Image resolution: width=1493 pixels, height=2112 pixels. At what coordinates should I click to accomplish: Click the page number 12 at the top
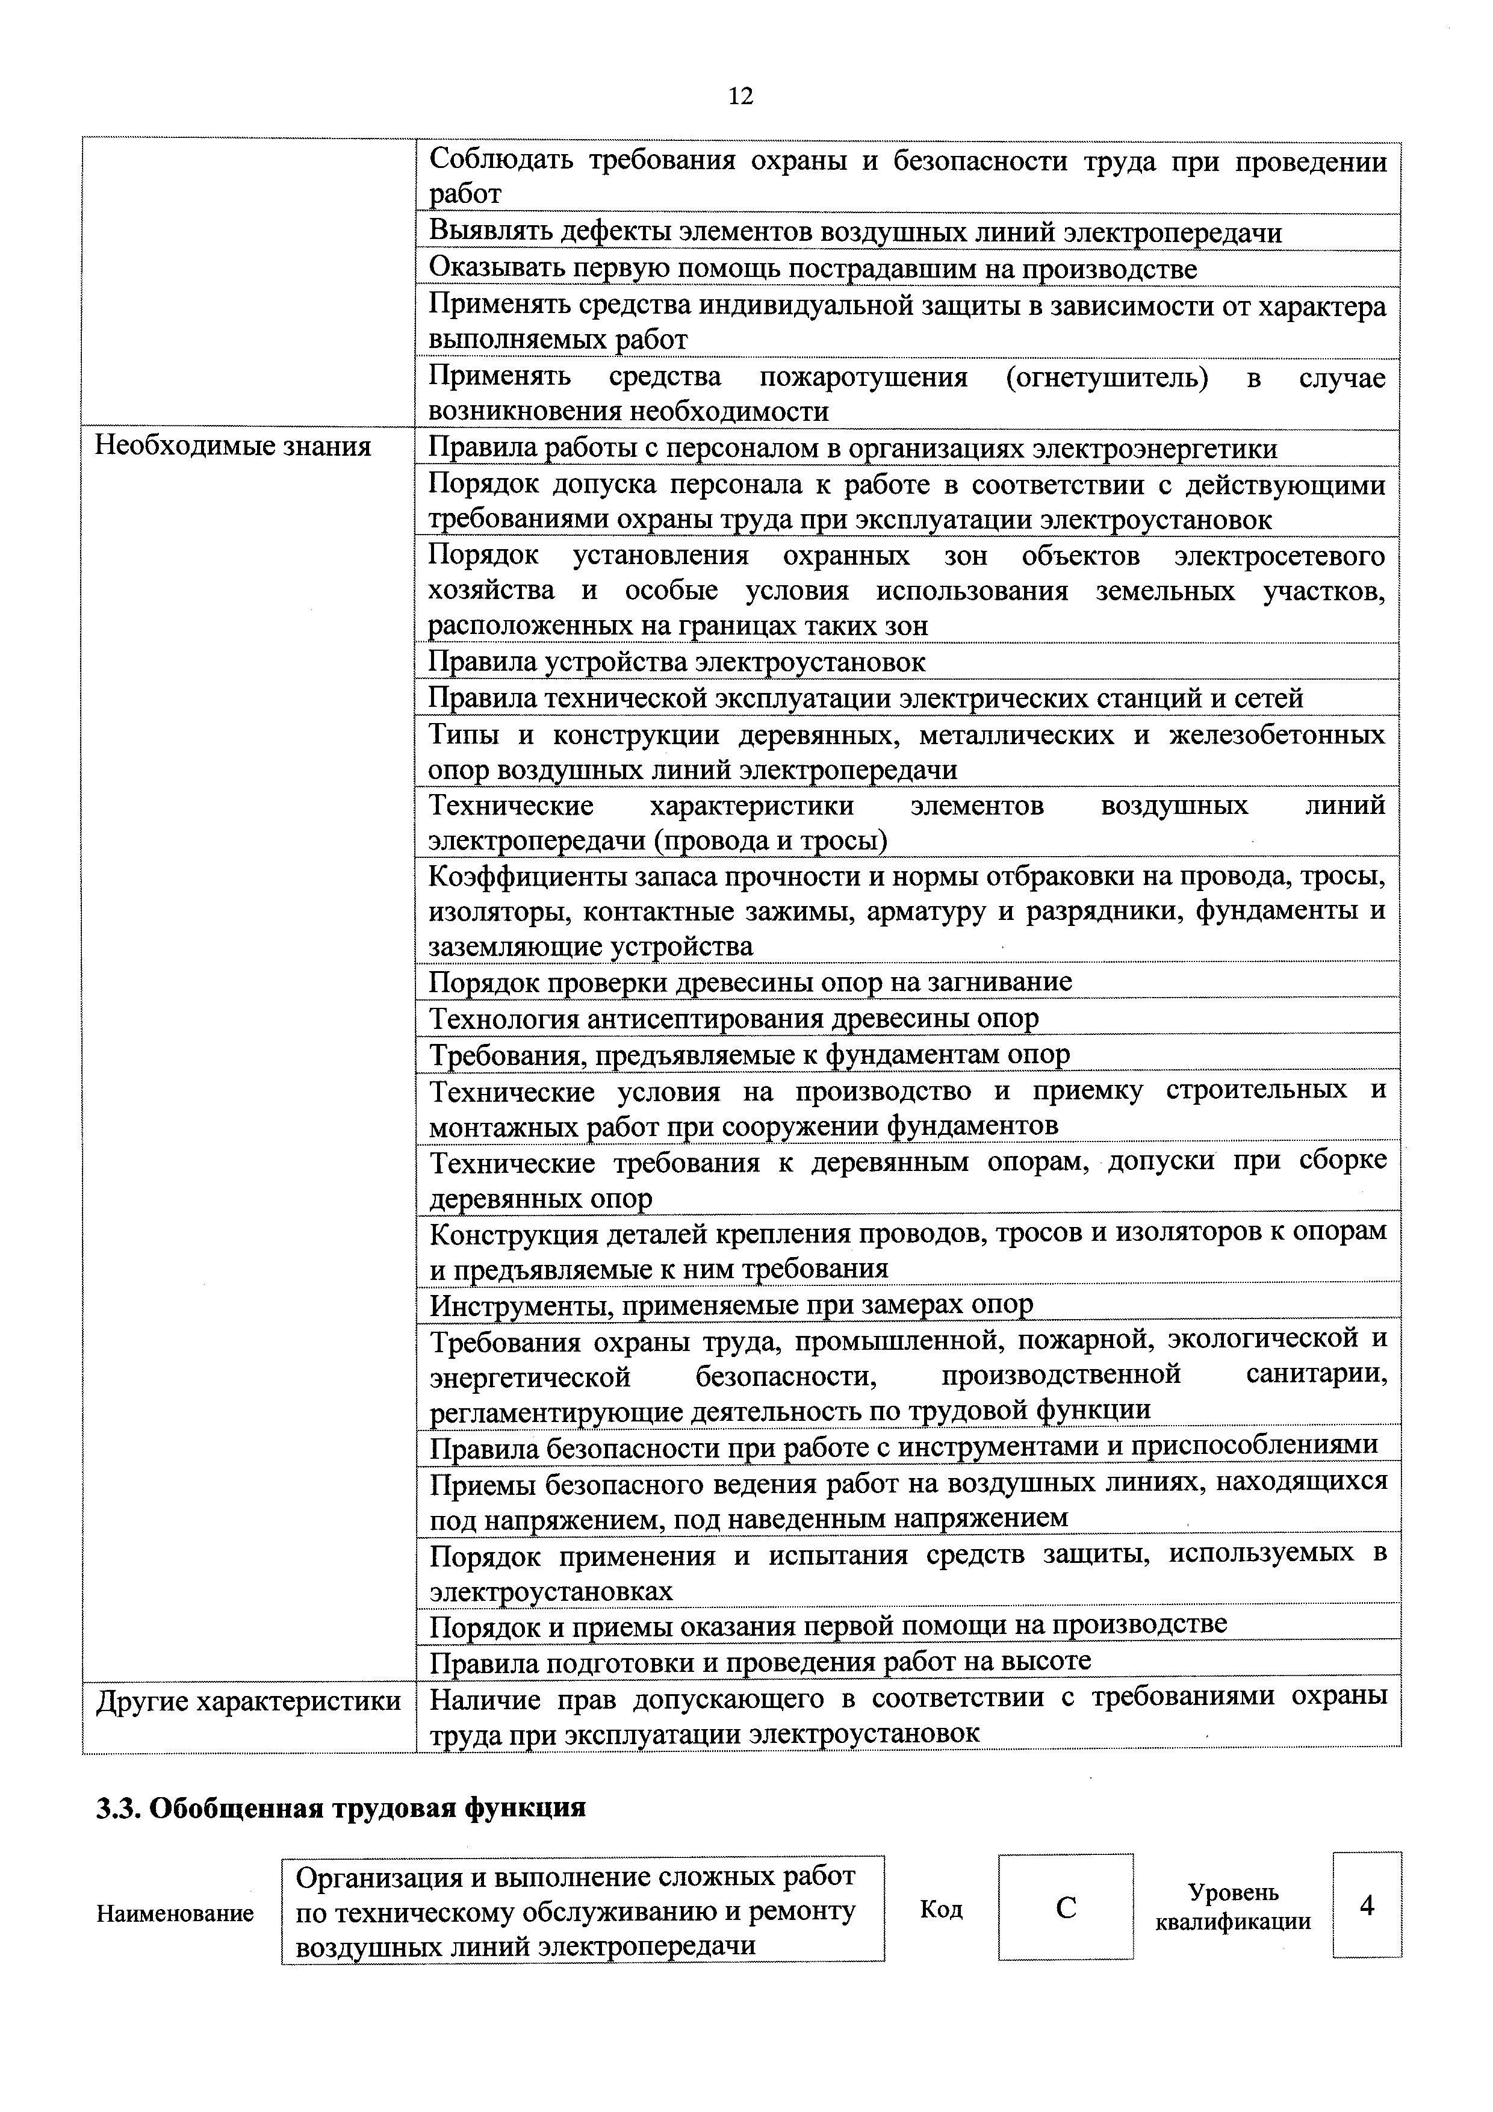(740, 96)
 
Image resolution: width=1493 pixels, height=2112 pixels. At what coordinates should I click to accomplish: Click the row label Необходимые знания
(233, 447)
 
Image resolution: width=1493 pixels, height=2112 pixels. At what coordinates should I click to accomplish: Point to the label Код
(941, 1910)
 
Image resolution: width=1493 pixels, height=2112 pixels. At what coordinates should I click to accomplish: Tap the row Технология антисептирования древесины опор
(734, 1018)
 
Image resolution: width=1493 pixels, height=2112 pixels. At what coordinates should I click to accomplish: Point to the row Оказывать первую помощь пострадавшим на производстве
(813, 269)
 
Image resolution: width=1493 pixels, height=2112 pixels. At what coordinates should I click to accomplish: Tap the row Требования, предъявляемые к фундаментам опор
(750, 1054)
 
